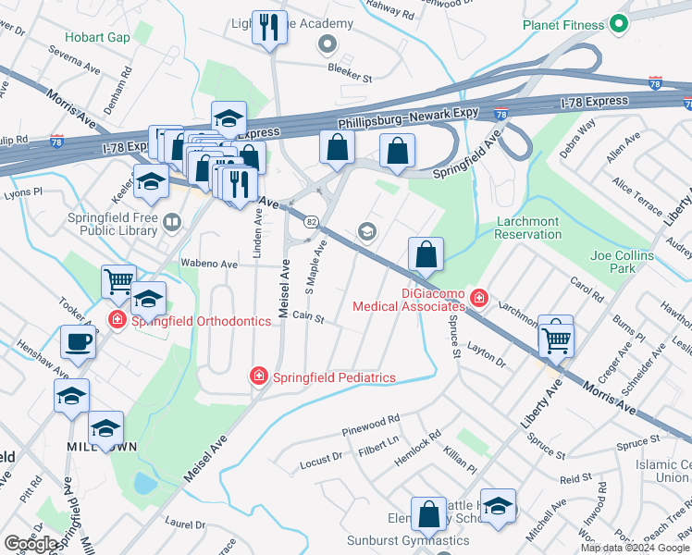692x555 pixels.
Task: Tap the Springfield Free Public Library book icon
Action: tap(171, 222)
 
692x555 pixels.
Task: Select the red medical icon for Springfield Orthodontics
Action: tap(117, 321)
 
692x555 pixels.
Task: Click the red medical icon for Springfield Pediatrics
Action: tap(259, 376)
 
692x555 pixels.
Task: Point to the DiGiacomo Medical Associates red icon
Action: tap(478, 297)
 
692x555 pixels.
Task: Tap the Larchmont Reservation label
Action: tap(528, 228)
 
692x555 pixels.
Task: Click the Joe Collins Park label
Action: tap(622, 262)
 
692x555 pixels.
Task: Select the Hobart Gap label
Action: tap(97, 38)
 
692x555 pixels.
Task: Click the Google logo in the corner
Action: tap(31, 543)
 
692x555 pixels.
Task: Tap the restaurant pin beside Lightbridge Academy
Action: tap(270, 28)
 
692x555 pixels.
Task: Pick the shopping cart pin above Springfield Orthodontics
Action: tap(118, 281)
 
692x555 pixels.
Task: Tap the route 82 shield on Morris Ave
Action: tap(312, 222)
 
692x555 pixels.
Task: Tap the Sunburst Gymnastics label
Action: tap(395, 540)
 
